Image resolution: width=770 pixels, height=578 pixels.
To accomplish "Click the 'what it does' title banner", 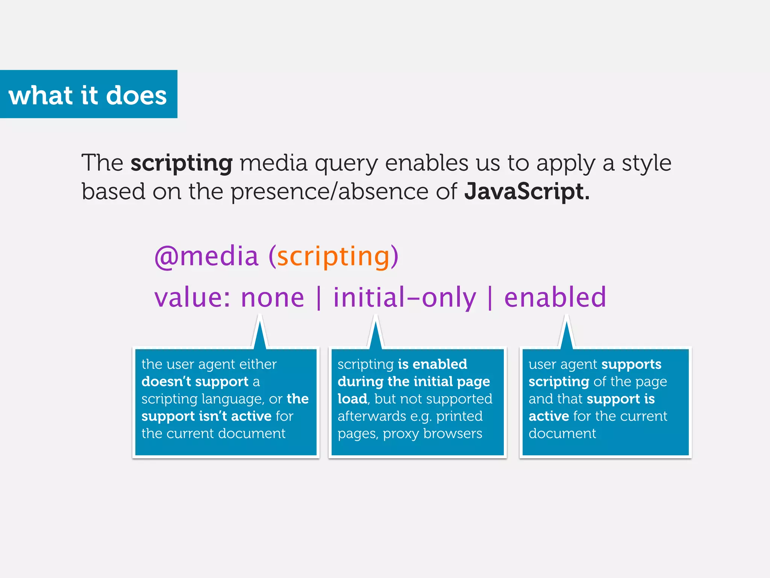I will pyautogui.click(x=88, y=94).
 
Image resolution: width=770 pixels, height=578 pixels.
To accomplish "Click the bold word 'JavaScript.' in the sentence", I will pyautogui.click(x=526, y=191).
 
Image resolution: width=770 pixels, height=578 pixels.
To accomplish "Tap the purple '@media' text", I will pyautogui.click(x=206, y=257).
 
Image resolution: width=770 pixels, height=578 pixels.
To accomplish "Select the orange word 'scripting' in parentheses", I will pyautogui.click(x=333, y=257).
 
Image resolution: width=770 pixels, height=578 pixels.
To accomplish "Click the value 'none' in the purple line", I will pyautogui.click(x=272, y=298).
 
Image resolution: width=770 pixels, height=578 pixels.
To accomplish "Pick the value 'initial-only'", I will pyautogui.click(x=405, y=298).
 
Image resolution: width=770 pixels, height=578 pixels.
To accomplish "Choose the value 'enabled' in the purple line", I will pyautogui.click(x=555, y=298).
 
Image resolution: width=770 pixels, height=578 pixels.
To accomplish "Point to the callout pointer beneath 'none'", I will pyautogui.click(x=260, y=333).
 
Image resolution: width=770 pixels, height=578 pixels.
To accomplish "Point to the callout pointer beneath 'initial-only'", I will pyautogui.click(x=375, y=333).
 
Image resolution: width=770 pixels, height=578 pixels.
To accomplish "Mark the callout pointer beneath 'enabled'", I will pyautogui.click(x=567, y=333).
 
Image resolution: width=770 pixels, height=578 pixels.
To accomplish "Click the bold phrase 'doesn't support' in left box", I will pyautogui.click(x=195, y=382).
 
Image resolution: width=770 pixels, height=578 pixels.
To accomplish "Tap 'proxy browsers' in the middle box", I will pyautogui.click(x=432, y=433).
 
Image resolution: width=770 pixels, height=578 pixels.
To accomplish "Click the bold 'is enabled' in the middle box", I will pyautogui.click(x=432, y=364).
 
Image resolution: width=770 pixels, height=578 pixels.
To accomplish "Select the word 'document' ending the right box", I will pyautogui.click(x=562, y=433).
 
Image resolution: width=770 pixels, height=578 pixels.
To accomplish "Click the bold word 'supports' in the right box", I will pyautogui.click(x=631, y=364).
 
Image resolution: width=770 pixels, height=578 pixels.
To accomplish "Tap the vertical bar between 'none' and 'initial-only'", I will pyautogui.click(x=319, y=298).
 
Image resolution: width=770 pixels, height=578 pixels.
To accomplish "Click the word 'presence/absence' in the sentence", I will pyautogui.click(x=329, y=191).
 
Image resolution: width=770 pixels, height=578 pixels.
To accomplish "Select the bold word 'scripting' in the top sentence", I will pyautogui.click(x=182, y=163).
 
